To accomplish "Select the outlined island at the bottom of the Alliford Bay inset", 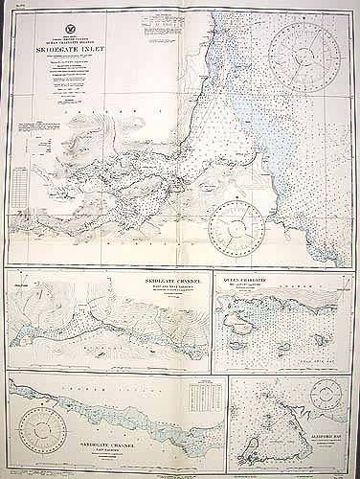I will pyautogui.click(x=254, y=440).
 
